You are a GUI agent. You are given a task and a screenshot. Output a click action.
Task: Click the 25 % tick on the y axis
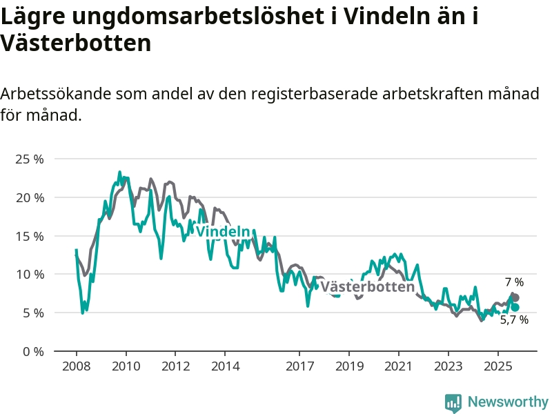29,159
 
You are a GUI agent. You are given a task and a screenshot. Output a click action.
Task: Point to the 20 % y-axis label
29,197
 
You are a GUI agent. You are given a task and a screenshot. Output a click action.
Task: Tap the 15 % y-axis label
29,236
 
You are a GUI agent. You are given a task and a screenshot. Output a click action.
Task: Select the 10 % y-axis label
29,274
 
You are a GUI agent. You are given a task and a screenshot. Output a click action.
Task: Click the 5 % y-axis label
32,313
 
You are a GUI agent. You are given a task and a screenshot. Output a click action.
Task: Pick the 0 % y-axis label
32,351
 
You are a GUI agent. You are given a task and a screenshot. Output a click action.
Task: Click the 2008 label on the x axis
77,366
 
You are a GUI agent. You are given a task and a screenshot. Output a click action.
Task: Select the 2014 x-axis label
226,366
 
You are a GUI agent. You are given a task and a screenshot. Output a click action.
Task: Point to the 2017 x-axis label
299,366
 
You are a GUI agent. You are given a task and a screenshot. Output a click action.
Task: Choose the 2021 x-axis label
399,366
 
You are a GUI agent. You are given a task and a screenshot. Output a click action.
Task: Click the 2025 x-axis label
497,366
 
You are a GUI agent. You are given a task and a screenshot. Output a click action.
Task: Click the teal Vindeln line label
222,232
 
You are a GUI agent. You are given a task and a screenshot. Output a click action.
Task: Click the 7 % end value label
514,282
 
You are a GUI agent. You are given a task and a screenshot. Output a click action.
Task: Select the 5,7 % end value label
514,319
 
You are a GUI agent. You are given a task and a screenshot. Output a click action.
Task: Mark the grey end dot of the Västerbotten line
515,297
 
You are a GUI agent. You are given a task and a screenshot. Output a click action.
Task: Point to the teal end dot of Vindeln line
515,307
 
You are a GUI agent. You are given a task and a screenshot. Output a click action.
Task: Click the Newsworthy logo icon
453,402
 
